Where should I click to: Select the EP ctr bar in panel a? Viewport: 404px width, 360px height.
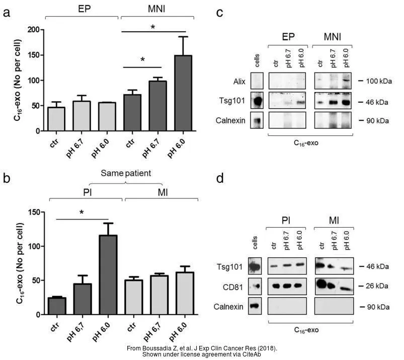tap(56, 119)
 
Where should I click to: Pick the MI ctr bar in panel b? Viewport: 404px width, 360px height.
tap(133, 297)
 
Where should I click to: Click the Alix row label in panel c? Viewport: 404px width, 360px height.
tap(238, 81)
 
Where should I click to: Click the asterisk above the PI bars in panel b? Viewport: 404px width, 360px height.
tap(82, 213)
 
